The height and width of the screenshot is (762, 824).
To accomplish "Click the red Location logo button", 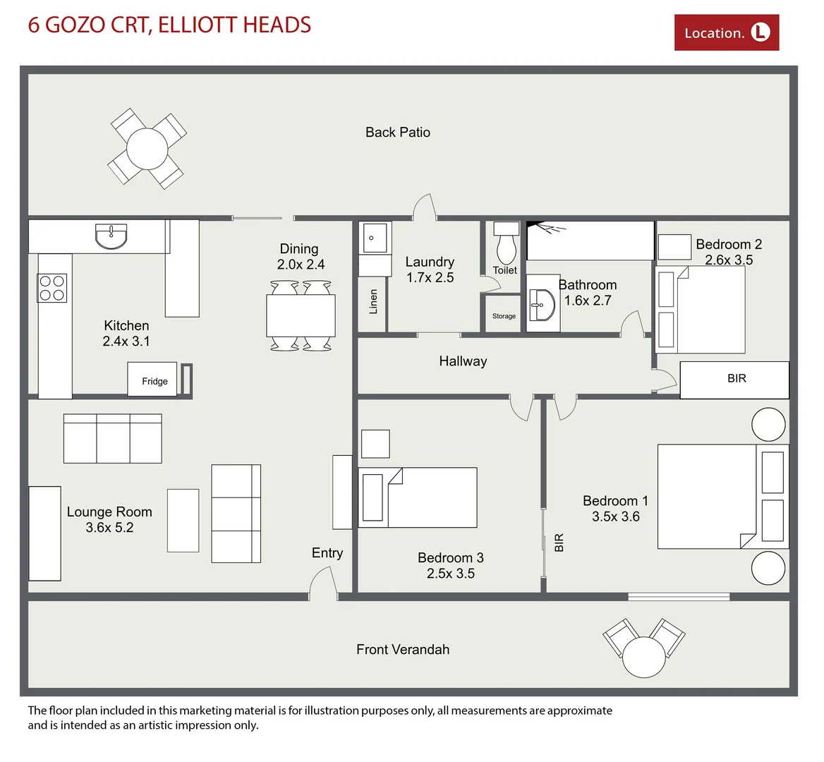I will click(726, 32).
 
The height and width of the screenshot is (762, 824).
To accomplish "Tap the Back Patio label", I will click(397, 132).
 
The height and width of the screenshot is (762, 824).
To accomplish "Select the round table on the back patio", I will click(147, 149).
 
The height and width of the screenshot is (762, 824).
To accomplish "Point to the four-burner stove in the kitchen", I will click(52, 288).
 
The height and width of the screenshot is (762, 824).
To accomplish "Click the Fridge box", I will click(153, 380).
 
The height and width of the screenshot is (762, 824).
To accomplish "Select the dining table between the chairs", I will click(301, 315).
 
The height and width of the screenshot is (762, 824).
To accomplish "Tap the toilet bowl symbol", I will click(507, 248).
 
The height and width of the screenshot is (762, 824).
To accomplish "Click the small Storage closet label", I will click(504, 316).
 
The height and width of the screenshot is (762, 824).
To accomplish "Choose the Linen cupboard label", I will click(373, 301).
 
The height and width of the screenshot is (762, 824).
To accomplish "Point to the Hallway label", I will click(463, 361).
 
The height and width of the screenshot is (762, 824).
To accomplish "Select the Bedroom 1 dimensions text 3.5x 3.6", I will click(615, 516).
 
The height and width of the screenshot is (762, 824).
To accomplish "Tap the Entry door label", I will click(327, 553).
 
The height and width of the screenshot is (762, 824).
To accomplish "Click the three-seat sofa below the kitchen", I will click(112, 438).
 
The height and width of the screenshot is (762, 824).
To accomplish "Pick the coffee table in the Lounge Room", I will click(183, 520).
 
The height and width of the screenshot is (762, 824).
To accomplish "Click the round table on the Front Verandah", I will click(643, 657).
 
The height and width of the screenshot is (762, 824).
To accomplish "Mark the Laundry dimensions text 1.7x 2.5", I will click(430, 277).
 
